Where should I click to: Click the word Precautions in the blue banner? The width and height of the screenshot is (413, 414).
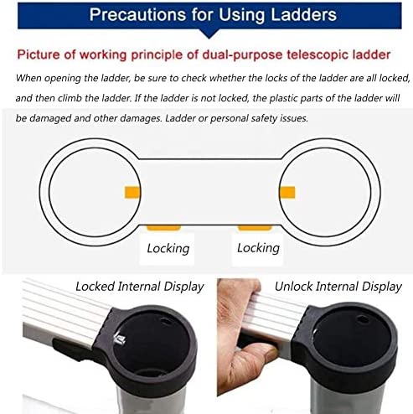pyautogui.click(x=137, y=14)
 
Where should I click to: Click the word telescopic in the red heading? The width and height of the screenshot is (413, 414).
pyautogui.click(x=317, y=54)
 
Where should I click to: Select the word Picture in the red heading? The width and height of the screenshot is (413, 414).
pyautogui.click(x=39, y=54)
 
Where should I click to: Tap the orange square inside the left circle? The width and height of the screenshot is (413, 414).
pyautogui.click(x=132, y=192)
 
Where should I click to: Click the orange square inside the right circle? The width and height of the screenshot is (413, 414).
pyautogui.click(x=287, y=192)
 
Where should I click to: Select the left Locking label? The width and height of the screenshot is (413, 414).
pyautogui.click(x=168, y=248)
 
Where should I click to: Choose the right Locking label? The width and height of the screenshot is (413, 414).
pyautogui.click(x=258, y=248)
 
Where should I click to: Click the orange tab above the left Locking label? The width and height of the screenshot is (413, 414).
pyautogui.click(x=164, y=227)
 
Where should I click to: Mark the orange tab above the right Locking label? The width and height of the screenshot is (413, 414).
pyautogui.click(x=255, y=227)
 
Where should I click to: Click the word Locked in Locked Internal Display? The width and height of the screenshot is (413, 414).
pyautogui.click(x=95, y=287)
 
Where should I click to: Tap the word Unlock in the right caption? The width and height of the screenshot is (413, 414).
pyautogui.click(x=294, y=287)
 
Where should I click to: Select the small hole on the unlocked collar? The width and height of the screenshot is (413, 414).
pyautogui.click(x=363, y=319)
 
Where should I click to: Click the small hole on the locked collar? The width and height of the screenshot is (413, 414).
pyautogui.click(x=167, y=322)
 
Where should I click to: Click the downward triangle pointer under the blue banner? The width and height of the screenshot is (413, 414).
pyautogui.click(x=209, y=34)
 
